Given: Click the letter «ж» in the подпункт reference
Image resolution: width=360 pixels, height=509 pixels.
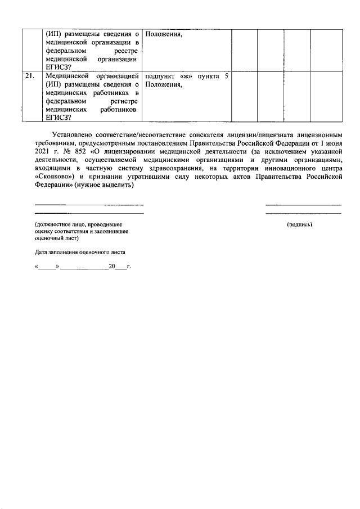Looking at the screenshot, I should [187, 75].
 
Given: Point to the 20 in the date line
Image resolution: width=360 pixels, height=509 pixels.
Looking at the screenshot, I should [112, 265].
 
